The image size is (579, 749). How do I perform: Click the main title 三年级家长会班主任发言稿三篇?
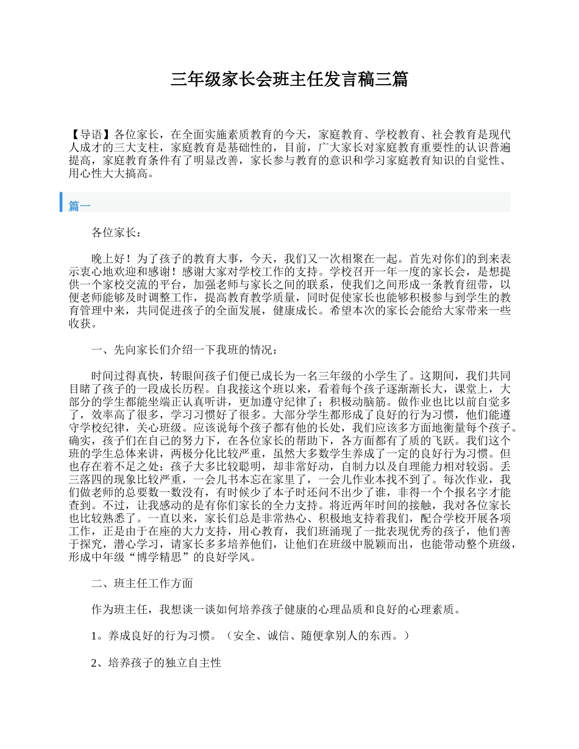(289, 79)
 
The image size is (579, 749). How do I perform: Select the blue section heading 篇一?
(79, 206)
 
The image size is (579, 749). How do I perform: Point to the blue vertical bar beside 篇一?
(62, 202)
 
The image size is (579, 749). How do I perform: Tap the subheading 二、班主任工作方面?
(142, 583)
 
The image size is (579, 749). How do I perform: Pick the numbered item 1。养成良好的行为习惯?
(153, 636)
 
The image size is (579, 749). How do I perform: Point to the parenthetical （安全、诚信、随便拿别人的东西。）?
(313, 636)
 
